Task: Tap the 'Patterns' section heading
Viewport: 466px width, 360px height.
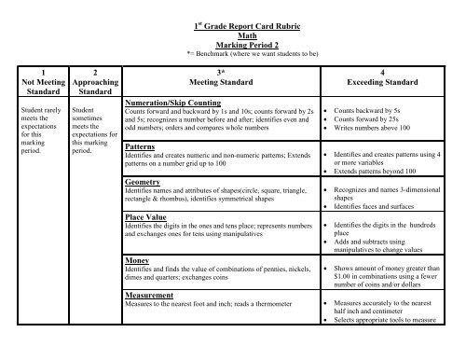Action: click(139, 147)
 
